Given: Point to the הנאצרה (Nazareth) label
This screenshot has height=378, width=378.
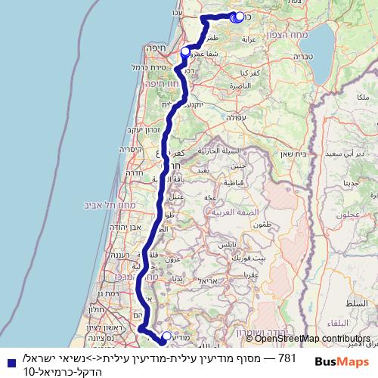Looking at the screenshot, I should point(238,88).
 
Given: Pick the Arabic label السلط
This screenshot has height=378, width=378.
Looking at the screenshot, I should point(348,302).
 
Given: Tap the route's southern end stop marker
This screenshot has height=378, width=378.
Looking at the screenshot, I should point(166,336).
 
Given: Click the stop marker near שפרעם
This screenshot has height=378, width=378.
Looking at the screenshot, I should point(185,52).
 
